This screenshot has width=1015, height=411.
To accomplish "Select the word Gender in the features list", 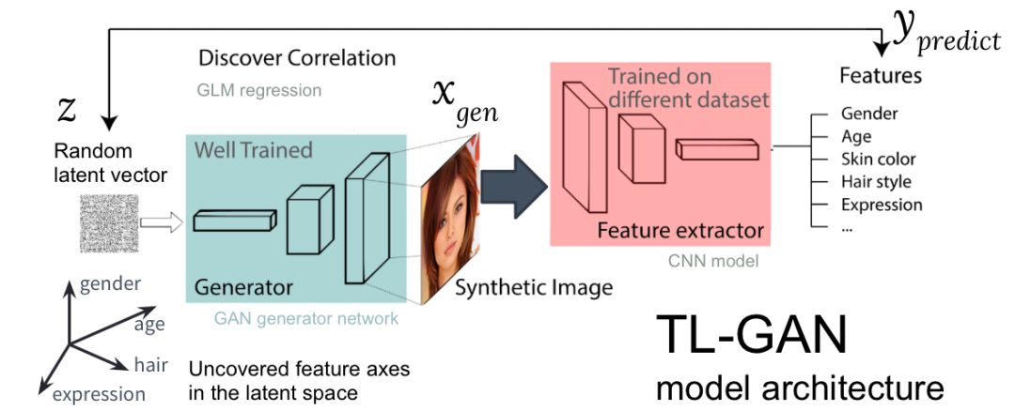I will (x=869, y=114).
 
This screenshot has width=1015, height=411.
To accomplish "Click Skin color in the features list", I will (x=878, y=160).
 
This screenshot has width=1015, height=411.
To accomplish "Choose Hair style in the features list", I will (x=876, y=182).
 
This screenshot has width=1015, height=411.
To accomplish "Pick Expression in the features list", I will (x=882, y=205).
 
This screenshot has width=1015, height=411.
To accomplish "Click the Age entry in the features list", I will (x=856, y=137).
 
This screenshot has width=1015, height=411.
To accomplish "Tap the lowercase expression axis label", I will (x=98, y=394).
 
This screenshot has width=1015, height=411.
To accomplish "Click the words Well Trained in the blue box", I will (x=253, y=150).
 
